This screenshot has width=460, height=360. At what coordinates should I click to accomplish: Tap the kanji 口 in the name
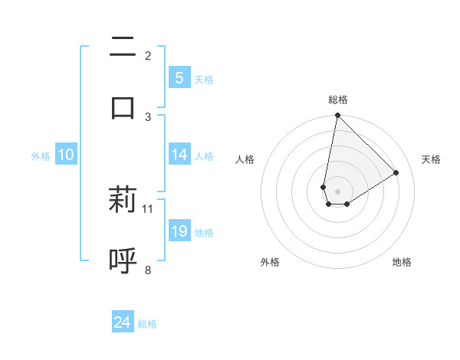[123, 106]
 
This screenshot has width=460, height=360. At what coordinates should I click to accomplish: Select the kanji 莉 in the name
[123, 200]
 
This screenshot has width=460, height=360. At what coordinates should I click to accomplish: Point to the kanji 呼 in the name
[123, 260]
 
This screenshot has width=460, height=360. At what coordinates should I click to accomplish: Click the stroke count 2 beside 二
[148, 56]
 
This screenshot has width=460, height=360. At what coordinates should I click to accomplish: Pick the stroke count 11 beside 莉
[148, 208]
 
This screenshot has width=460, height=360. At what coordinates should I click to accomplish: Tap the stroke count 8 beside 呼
[148, 269]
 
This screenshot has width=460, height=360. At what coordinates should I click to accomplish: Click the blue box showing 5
[179, 78]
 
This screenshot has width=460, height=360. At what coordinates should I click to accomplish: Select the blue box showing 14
[179, 155]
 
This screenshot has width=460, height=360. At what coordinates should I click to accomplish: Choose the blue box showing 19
[179, 231]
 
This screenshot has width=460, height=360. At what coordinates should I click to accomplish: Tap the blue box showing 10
[66, 155]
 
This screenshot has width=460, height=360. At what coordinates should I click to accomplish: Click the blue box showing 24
[123, 322]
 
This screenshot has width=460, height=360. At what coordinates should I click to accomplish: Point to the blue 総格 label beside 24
[147, 324]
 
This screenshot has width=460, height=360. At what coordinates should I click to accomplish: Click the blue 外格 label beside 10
[41, 156]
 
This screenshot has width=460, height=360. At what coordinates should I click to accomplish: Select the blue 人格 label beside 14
[204, 156]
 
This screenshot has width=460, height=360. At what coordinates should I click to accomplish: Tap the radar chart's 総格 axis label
[338, 100]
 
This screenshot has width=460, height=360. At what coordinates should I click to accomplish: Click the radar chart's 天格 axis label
[432, 159]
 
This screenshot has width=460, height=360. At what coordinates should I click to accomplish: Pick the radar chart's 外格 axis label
[270, 262]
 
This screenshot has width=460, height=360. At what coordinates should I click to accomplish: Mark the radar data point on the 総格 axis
[337, 115]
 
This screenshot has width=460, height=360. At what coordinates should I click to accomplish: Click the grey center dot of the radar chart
[337, 191]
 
